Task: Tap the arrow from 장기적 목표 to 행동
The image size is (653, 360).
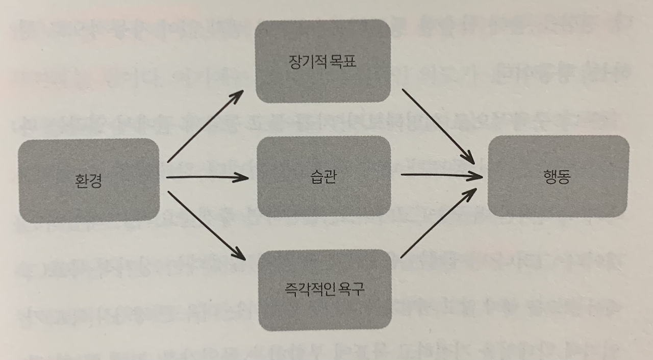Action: (437, 125)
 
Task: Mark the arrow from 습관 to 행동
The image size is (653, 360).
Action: (441, 175)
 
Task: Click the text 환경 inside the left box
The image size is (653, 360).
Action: (88, 181)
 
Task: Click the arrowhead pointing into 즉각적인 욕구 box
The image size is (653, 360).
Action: (239, 254)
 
